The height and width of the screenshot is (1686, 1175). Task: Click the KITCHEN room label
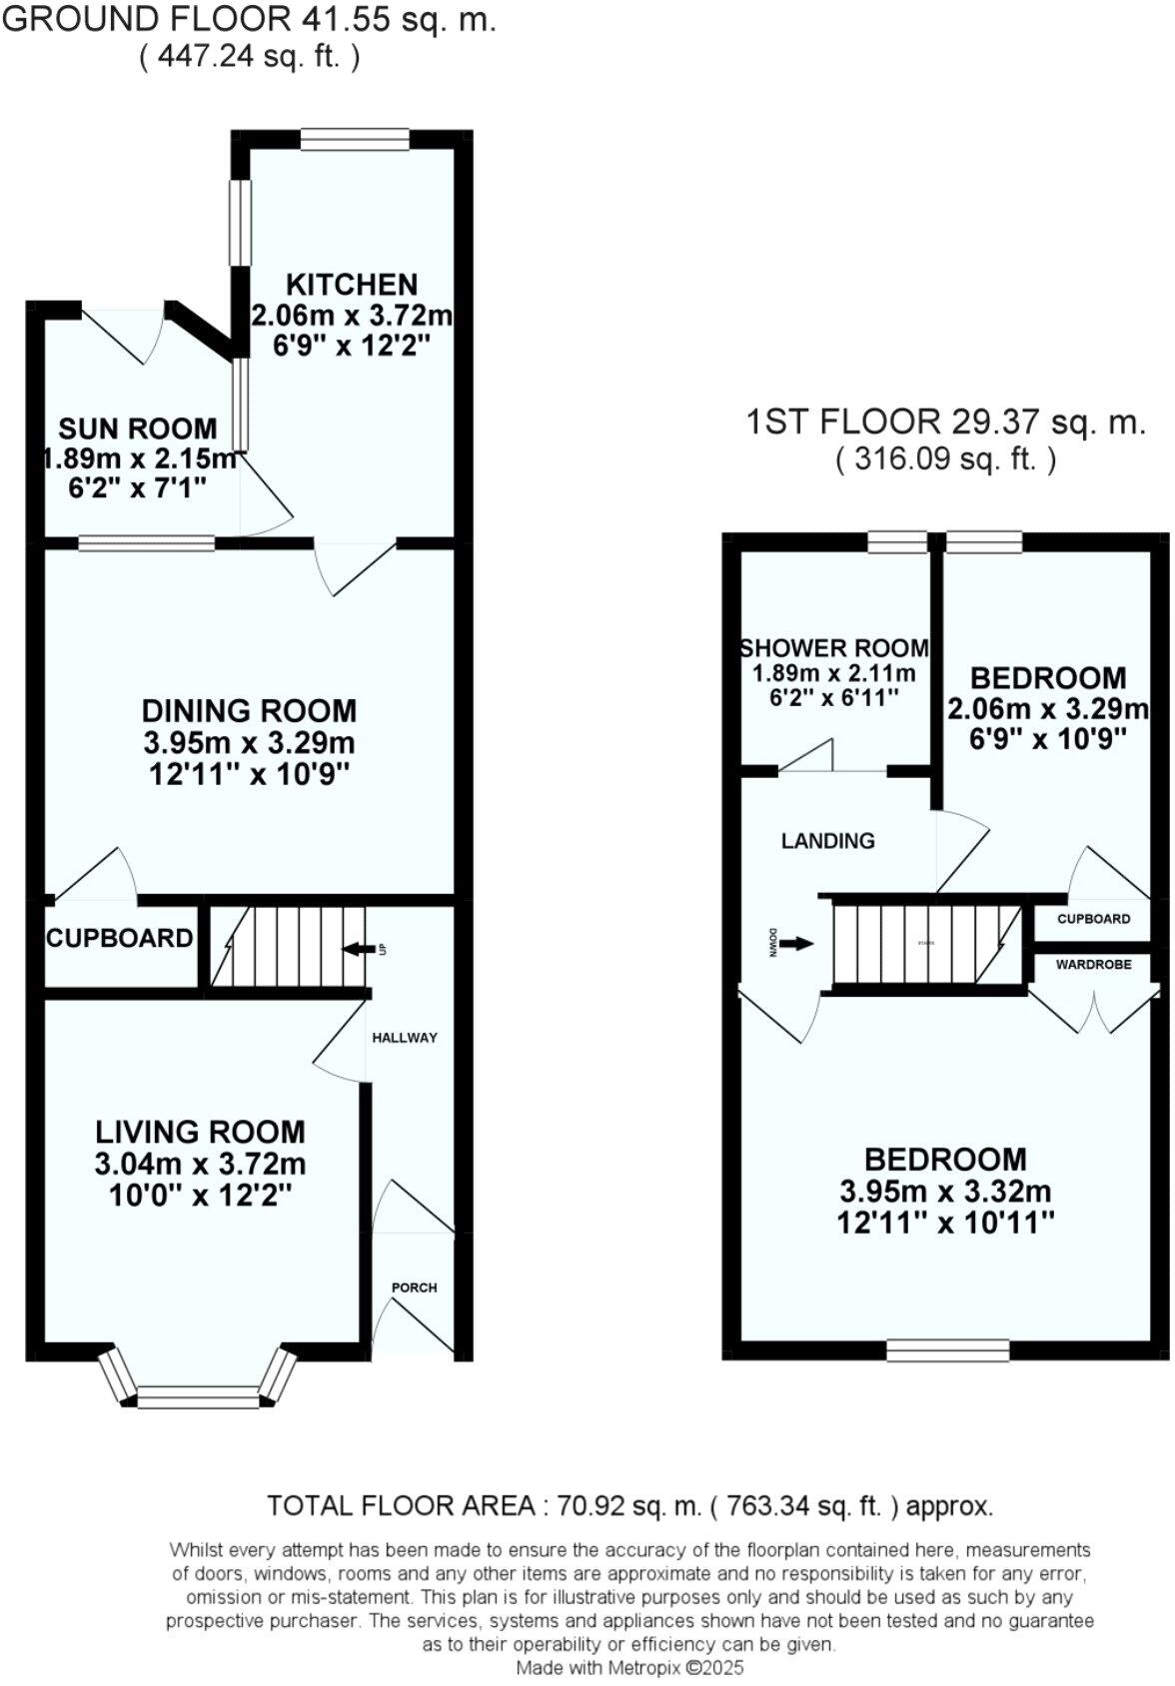point(352,285)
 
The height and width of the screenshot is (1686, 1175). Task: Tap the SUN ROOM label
point(137,429)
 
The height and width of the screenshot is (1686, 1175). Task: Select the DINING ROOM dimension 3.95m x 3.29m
point(249,743)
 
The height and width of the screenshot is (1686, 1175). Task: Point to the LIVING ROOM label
point(200,1132)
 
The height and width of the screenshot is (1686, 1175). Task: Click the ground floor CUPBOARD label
point(119,938)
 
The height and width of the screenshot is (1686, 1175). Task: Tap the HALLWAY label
point(405,1038)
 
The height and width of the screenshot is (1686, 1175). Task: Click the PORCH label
point(414,1287)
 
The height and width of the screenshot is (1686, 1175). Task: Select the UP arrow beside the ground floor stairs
point(356,949)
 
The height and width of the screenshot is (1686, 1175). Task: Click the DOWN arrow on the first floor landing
point(795,943)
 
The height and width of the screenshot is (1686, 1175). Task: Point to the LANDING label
point(827,841)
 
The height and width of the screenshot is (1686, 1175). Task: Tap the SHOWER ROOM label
point(833,648)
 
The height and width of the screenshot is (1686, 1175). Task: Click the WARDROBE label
point(1093,965)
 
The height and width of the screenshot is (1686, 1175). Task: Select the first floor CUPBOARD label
point(1093,919)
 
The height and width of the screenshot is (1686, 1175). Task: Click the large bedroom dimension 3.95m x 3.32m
point(945,1192)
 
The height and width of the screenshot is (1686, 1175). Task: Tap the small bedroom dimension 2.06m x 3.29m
point(1047,709)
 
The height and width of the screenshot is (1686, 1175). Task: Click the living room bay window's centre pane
point(198,1395)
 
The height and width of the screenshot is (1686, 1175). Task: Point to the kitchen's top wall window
point(355,139)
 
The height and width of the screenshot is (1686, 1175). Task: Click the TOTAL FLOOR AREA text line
point(629,1506)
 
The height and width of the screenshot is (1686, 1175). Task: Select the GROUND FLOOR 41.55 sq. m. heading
point(249,20)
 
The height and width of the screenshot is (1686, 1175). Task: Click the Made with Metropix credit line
point(629,1667)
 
